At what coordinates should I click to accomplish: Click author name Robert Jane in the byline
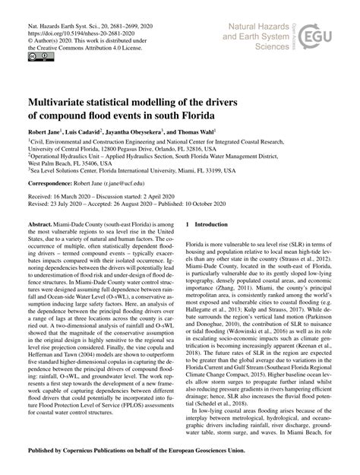(47, 131)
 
